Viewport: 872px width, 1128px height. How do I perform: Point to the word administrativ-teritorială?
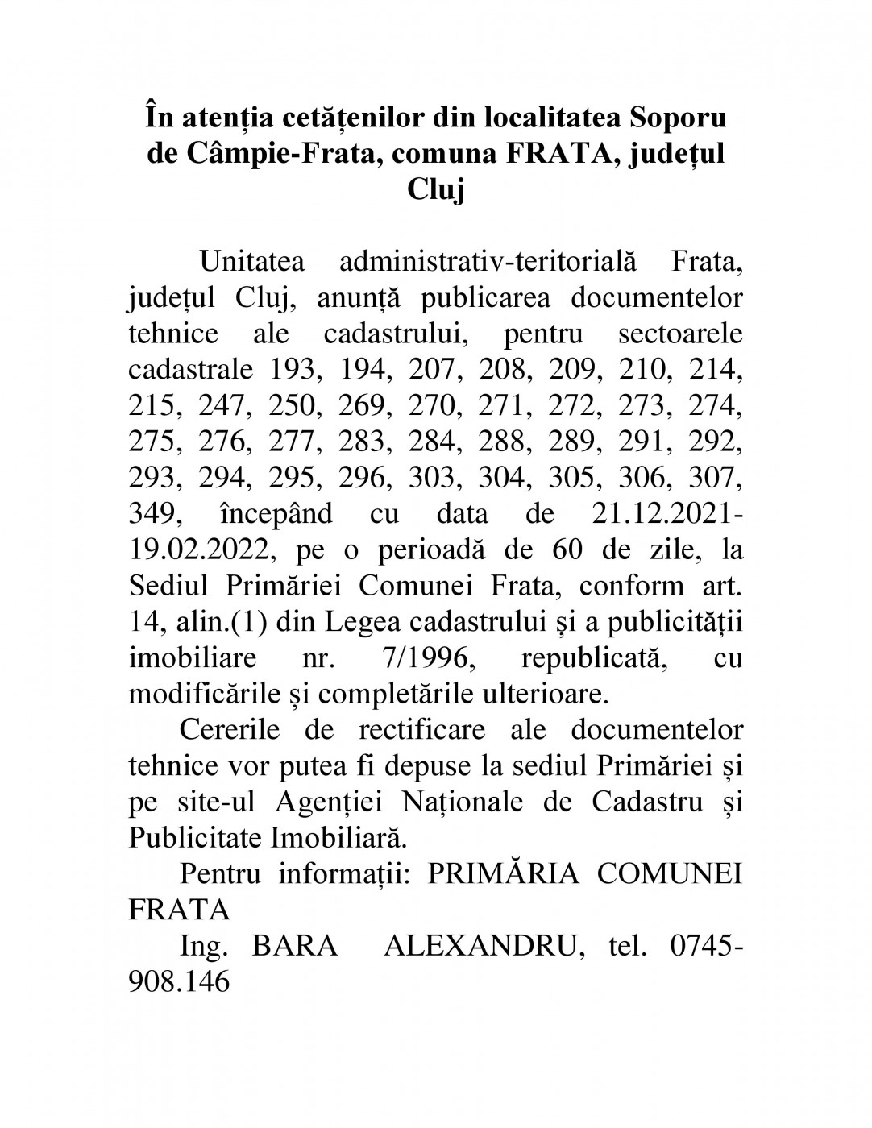488,263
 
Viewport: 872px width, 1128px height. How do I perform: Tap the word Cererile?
230,729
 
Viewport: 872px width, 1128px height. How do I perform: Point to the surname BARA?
295,945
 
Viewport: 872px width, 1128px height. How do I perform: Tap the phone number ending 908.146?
179,981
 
